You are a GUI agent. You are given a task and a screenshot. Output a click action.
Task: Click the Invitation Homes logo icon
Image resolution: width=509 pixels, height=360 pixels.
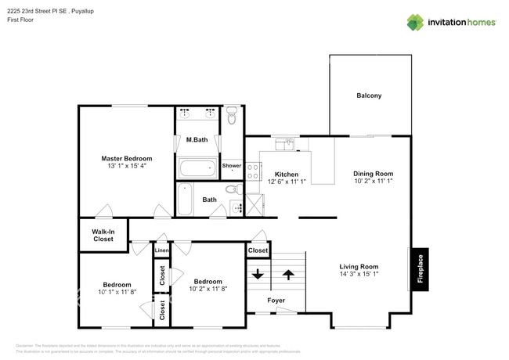(415, 22)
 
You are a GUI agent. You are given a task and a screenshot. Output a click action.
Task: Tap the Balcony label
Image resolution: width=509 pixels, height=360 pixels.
(369, 95)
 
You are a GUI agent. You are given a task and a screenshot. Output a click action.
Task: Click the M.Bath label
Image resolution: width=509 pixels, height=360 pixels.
(196, 140)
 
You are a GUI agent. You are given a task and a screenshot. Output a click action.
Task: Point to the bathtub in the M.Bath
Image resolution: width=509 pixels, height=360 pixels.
(197, 167)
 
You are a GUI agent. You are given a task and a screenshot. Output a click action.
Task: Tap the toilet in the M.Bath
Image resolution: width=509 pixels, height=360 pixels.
(231, 117)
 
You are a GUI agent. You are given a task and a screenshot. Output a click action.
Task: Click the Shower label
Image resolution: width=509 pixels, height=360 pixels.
(232, 165)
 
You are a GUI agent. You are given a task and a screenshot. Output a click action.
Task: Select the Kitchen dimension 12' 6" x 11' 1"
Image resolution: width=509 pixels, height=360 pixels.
(286, 182)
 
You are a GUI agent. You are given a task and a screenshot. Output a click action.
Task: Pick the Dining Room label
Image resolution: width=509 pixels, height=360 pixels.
(373, 173)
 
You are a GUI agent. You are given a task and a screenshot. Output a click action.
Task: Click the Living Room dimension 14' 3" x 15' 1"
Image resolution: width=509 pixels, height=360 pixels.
(358, 274)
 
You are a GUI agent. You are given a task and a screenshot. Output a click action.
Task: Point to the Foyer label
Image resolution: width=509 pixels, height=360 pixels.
(276, 301)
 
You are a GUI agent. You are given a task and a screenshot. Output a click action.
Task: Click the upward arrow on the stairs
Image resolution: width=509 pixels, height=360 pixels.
(288, 275)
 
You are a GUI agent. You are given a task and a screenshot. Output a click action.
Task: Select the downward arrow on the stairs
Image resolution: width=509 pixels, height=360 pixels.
(257, 275)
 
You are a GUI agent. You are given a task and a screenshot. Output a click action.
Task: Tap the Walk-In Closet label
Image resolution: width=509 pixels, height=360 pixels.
(103, 235)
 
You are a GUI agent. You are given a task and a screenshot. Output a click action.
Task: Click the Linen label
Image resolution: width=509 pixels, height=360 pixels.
(161, 250)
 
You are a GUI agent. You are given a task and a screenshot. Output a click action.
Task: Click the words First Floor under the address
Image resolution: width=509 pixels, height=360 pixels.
(23, 20)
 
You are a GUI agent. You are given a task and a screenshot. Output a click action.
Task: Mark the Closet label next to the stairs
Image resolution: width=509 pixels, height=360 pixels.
(257, 250)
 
